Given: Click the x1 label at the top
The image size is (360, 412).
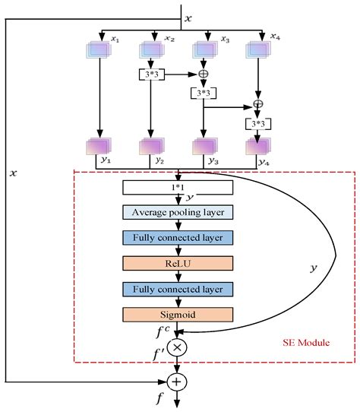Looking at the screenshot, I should coord(116,36).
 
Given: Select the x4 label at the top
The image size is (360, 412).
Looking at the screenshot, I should coord(273,36).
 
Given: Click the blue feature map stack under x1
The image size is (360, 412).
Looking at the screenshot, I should coord(99,49).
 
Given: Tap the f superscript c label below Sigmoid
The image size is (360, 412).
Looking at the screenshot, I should coord(163,331).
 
